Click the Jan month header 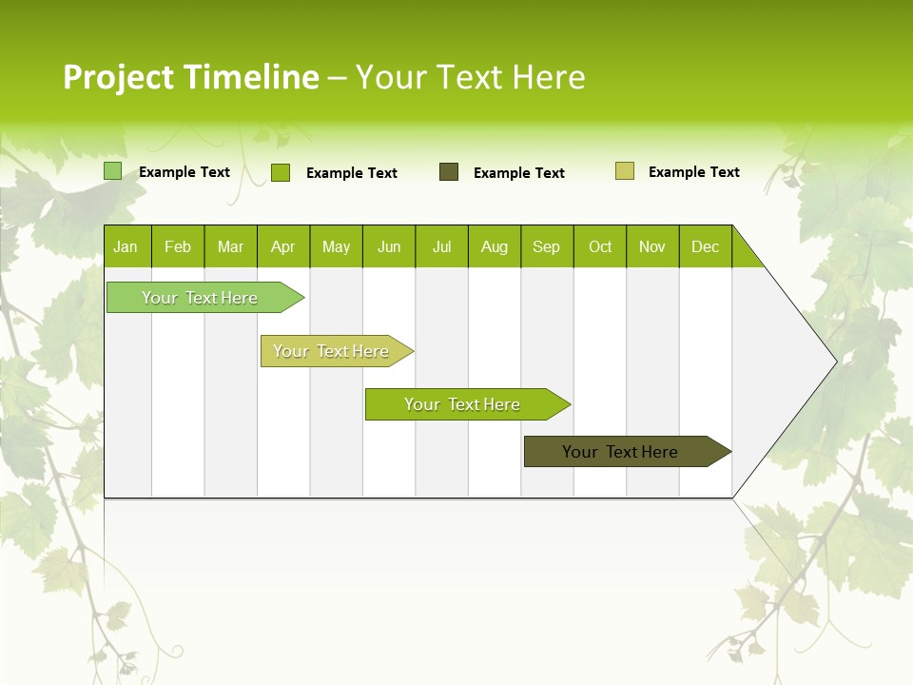tap(126, 246)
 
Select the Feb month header tap(178, 246)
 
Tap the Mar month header tap(230, 246)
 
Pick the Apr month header tap(283, 246)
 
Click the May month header tap(336, 246)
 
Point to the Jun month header tap(389, 246)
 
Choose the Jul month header tap(441, 246)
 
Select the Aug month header tap(495, 246)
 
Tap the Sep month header tap(547, 246)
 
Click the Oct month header tap(600, 246)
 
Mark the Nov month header tap(652, 246)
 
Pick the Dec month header tap(706, 246)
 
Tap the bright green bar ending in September tap(463, 404)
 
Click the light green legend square tap(113, 171)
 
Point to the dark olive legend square tap(449, 172)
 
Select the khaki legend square tap(625, 171)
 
